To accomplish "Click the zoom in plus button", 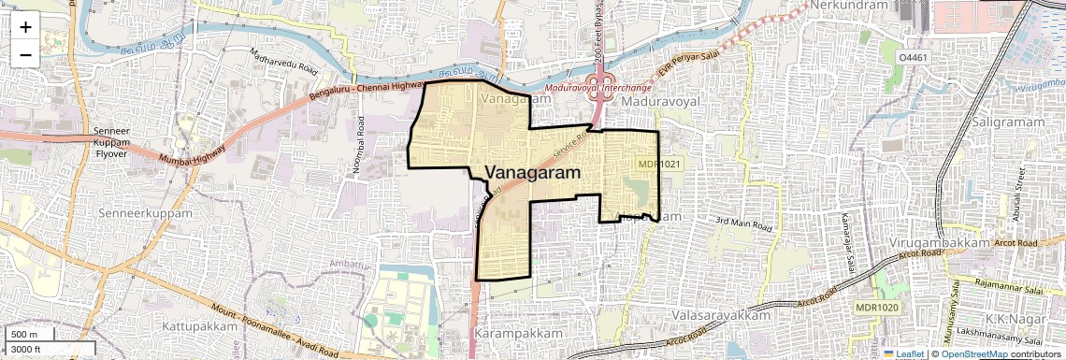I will (25, 27).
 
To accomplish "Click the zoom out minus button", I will (25, 55).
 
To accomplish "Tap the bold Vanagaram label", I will (533, 173).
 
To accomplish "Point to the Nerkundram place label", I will (847, 6).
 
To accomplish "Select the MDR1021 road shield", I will (659, 164).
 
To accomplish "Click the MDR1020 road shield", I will (876, 308).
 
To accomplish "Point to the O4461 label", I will (914, 58).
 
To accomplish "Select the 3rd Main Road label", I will (744, 225).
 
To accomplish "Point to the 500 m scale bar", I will (28, 335).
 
